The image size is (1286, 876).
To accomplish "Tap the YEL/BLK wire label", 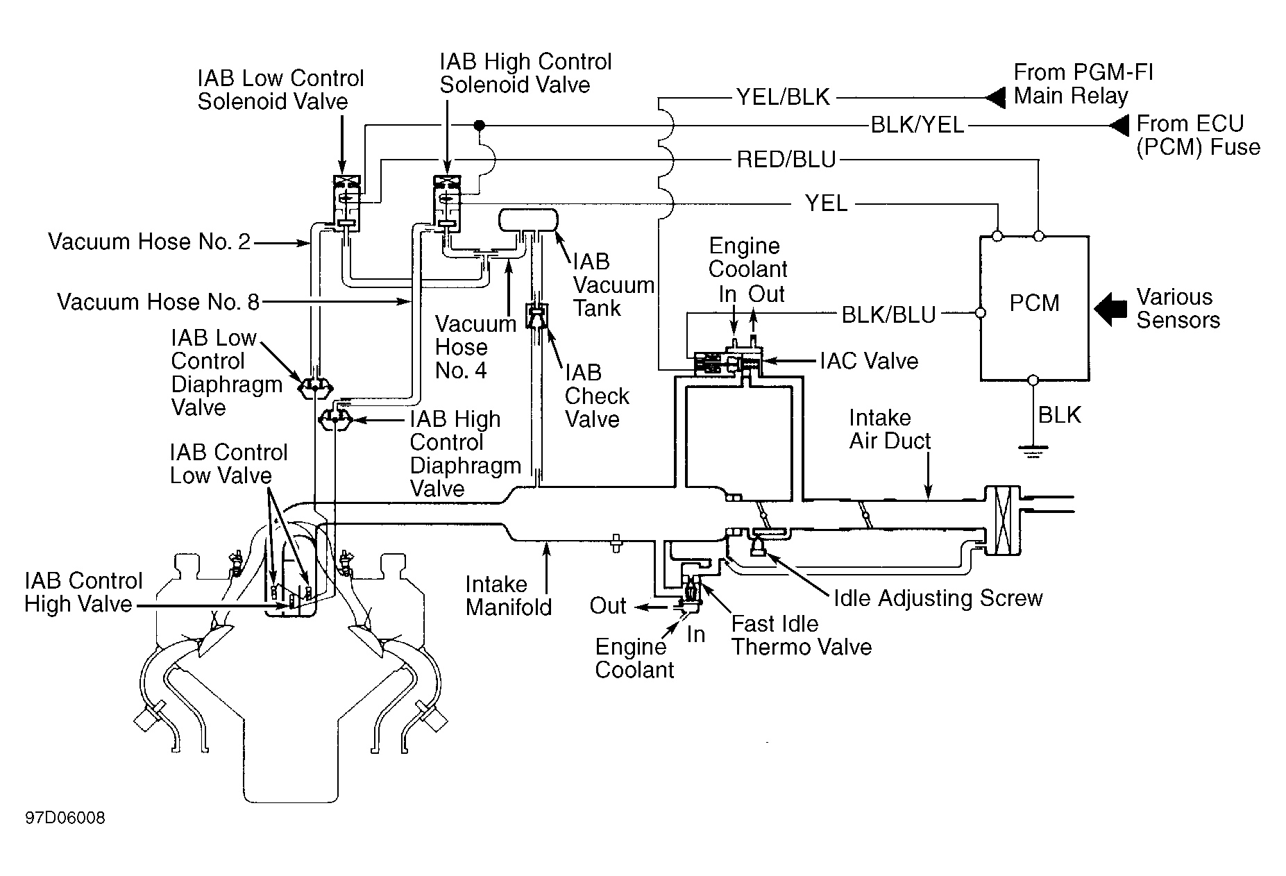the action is pos(783,97).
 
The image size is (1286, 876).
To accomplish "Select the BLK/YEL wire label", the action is pos(917,125).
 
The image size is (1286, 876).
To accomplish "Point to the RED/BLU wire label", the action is pos(786,160).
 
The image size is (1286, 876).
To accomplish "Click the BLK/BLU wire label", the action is pos(889,314).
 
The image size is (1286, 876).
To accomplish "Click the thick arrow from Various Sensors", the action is pos(1110,308).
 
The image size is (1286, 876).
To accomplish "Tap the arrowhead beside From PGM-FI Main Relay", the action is pos(995,96).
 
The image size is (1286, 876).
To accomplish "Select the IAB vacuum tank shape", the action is pos(529,221).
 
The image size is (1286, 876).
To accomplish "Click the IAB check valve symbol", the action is pos(537,317).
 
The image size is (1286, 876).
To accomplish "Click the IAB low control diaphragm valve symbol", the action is pos(315,388).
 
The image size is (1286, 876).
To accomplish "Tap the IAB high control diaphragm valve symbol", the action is pos(336,419).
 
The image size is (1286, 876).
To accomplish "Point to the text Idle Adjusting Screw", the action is pos(938,598).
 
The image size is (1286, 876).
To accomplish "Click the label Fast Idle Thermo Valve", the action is pos(802,635).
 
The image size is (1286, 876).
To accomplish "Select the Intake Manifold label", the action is pos(509,596).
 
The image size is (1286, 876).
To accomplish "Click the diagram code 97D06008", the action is pos(65,818).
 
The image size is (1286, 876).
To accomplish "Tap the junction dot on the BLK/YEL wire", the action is pos(478,126).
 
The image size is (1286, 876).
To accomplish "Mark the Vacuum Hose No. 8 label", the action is pos(158,302).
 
